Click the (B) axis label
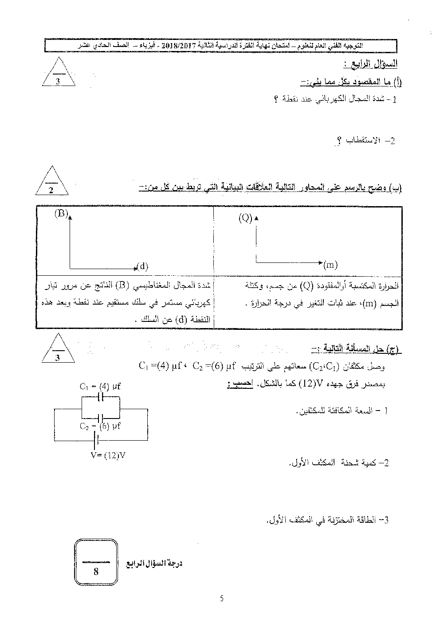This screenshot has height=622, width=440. coord(61,214)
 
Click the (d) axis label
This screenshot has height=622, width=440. coord(142,266)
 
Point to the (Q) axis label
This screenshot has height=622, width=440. coord(245,218)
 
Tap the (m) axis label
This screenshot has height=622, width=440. coord(330,265)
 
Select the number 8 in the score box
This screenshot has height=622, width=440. coord(96,571)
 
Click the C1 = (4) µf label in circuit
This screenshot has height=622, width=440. coord(101,387)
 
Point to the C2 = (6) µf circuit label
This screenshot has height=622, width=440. coord(100,426)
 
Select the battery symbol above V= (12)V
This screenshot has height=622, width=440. coord(94,440)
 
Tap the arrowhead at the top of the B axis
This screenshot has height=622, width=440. coord(70,216)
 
